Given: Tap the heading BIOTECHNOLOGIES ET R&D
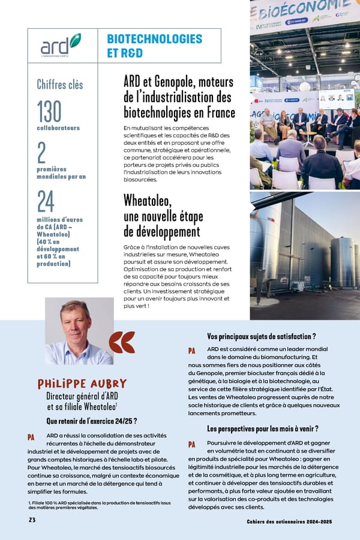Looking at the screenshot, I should [154, 46].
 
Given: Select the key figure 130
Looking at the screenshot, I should [49, 111].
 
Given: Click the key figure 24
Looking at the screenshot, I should [45, 202].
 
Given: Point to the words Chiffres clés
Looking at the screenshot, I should [60, 85].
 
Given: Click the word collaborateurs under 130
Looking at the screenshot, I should [58, 128].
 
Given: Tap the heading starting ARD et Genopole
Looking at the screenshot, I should [179, 97].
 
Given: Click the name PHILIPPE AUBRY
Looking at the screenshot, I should [82, 383].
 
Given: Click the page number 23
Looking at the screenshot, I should [32, 520].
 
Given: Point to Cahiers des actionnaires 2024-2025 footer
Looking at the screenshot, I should [290, 521].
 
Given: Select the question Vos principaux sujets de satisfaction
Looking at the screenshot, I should [261, 337].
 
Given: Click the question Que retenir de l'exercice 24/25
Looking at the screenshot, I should [92, 421].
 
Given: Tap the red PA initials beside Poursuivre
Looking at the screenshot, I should [192, 445].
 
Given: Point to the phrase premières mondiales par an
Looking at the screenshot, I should [61, 173].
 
